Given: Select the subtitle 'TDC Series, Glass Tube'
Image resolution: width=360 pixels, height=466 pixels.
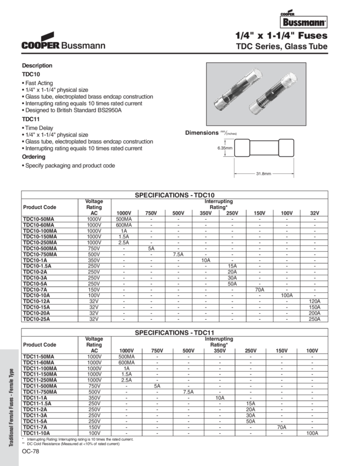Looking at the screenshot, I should pyautogui.click(x=282, y=47).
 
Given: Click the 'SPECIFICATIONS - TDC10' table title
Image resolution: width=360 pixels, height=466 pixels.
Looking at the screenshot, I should pyautogui.click(x=174, y=195).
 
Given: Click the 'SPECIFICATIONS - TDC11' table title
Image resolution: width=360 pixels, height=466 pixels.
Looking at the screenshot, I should pyautogui.click(x=174, y=333).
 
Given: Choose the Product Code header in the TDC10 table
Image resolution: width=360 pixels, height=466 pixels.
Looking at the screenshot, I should pyautogui.click(x=39, y=207).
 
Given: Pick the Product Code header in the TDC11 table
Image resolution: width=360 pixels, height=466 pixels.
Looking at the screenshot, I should pyautogui.click(x=39, y=345).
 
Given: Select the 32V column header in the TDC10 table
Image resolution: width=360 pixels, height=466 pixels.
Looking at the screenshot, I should pyautogui.click(x=314, y=212).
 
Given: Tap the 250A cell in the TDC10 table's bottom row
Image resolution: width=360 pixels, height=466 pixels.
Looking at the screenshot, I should pyautogui.click(x=314, y=319).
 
